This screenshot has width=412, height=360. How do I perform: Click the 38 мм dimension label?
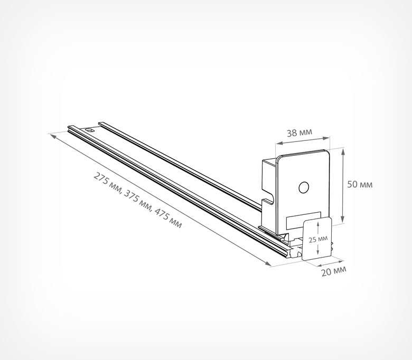(299, 132)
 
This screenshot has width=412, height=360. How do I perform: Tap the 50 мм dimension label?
(360, 184)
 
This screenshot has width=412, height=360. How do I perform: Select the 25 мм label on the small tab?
(318, 239)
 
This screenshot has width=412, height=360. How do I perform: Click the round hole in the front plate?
(304, 187)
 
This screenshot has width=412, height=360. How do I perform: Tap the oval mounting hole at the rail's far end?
(90, 130)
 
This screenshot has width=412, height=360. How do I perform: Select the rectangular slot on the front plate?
(304, 220)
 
